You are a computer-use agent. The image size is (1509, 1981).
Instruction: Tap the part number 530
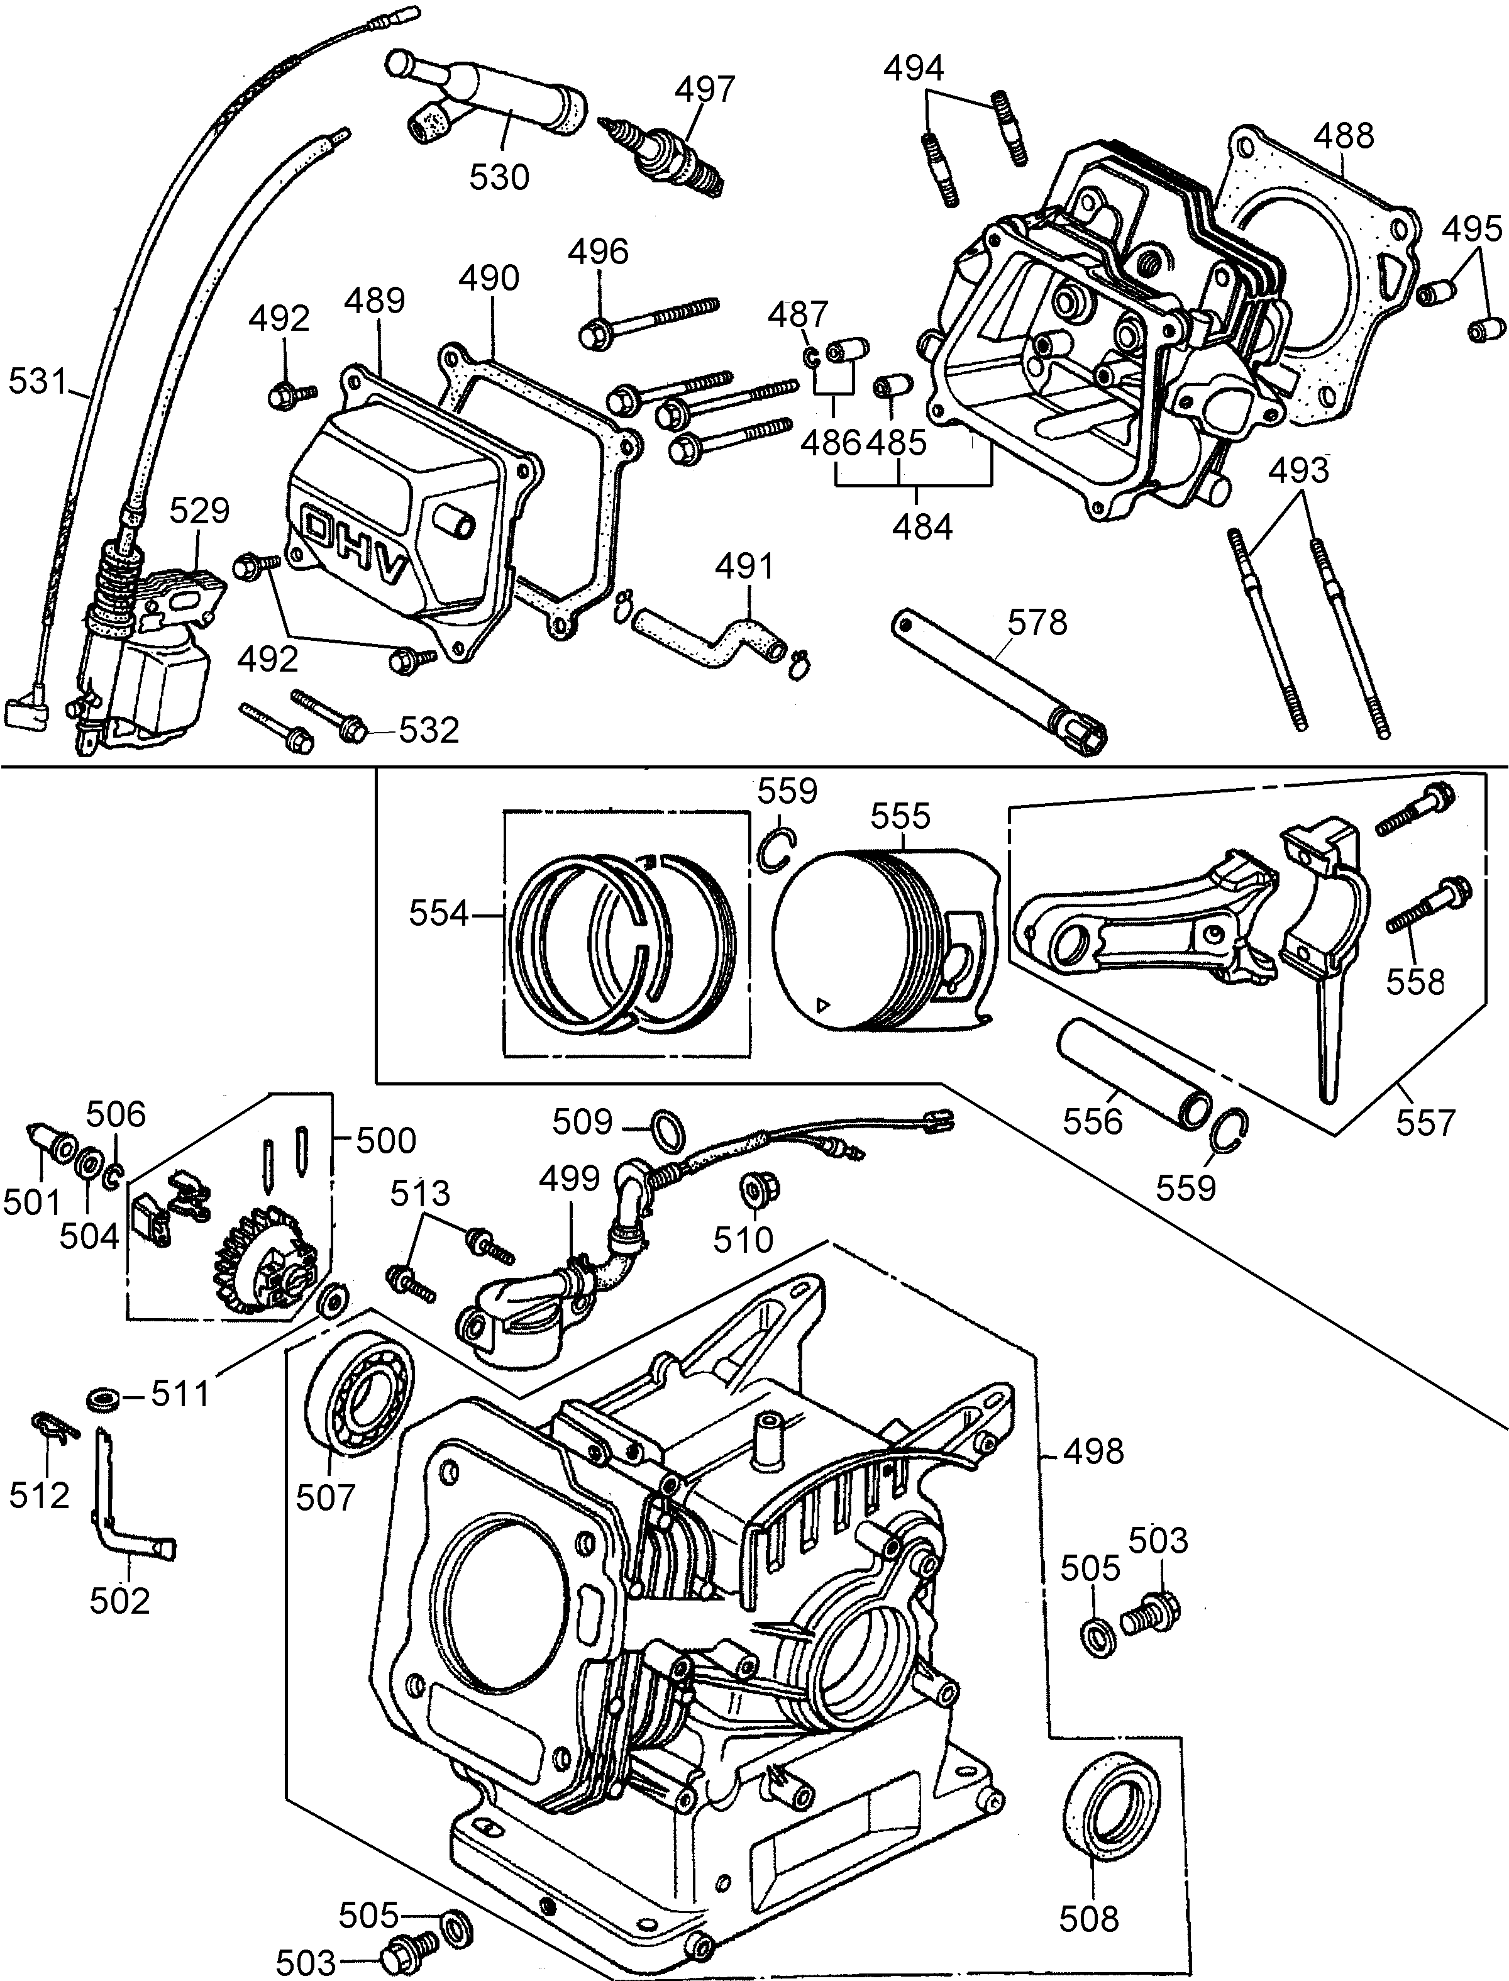[x=499, y=177]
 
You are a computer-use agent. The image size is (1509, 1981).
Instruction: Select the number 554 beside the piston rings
[x=439, y=914]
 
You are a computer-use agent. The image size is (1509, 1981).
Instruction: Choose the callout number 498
[x=1093, y=1451]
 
